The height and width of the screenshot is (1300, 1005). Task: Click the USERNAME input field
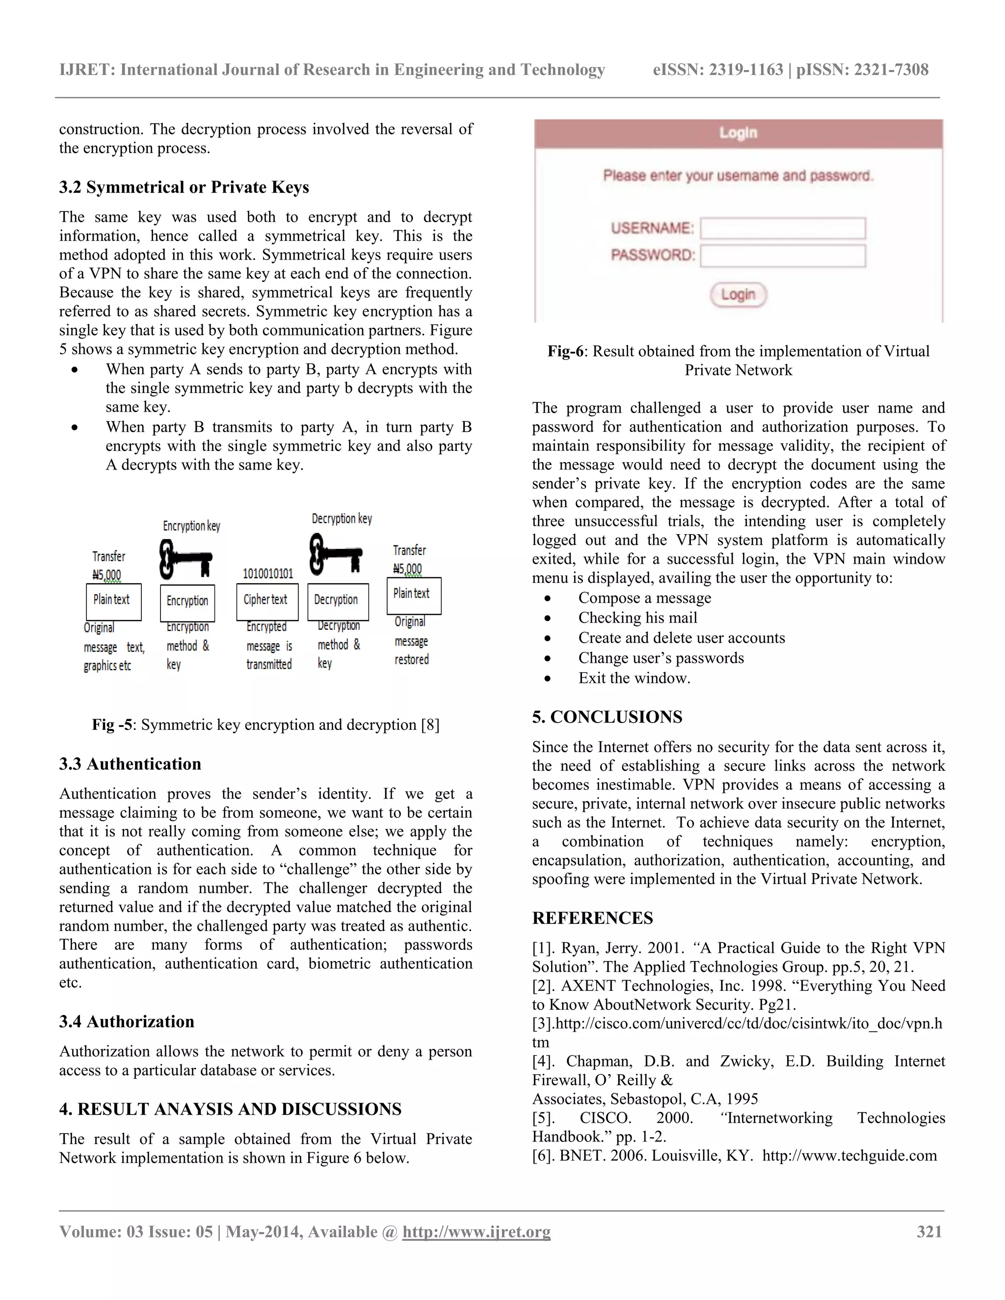[782, 229]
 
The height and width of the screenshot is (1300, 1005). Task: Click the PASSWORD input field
[782, 256]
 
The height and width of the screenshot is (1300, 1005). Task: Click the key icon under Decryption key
[335, 553]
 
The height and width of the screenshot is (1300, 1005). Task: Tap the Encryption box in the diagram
[187, 602]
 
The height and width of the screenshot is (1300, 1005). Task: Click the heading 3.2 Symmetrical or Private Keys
[184, 187]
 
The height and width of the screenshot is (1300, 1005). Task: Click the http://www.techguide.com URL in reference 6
[849, 1156]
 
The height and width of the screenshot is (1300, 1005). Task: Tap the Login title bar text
[738, 133]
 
